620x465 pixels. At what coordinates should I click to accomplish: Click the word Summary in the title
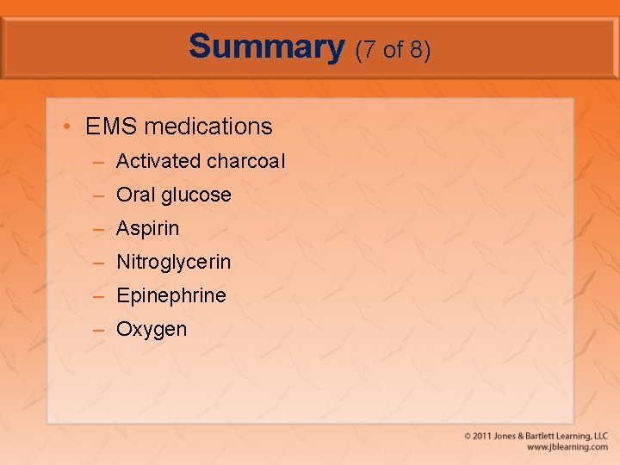coord(266,46)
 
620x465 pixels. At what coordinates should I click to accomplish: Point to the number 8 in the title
coord(417,50)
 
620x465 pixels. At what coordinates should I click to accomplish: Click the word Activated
coord(158,161)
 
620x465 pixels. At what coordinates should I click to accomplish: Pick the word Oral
coord(134,195)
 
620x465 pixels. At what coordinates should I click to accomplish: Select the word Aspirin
coord(148,229)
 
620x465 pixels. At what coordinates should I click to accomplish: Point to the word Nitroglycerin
coord(173,263)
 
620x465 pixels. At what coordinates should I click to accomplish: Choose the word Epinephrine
coord(170,296)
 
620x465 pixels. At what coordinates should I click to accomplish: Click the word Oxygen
coord(152,330)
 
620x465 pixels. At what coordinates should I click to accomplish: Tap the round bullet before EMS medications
coord(67,127)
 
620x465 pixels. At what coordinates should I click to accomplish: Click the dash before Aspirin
coord(100,229)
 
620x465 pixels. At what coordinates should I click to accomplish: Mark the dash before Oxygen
coord(100,330)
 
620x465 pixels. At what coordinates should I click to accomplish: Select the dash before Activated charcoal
coord(100,162)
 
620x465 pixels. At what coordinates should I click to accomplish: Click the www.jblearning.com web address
coord(567,448)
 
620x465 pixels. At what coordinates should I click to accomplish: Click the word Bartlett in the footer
coord(545,437)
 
